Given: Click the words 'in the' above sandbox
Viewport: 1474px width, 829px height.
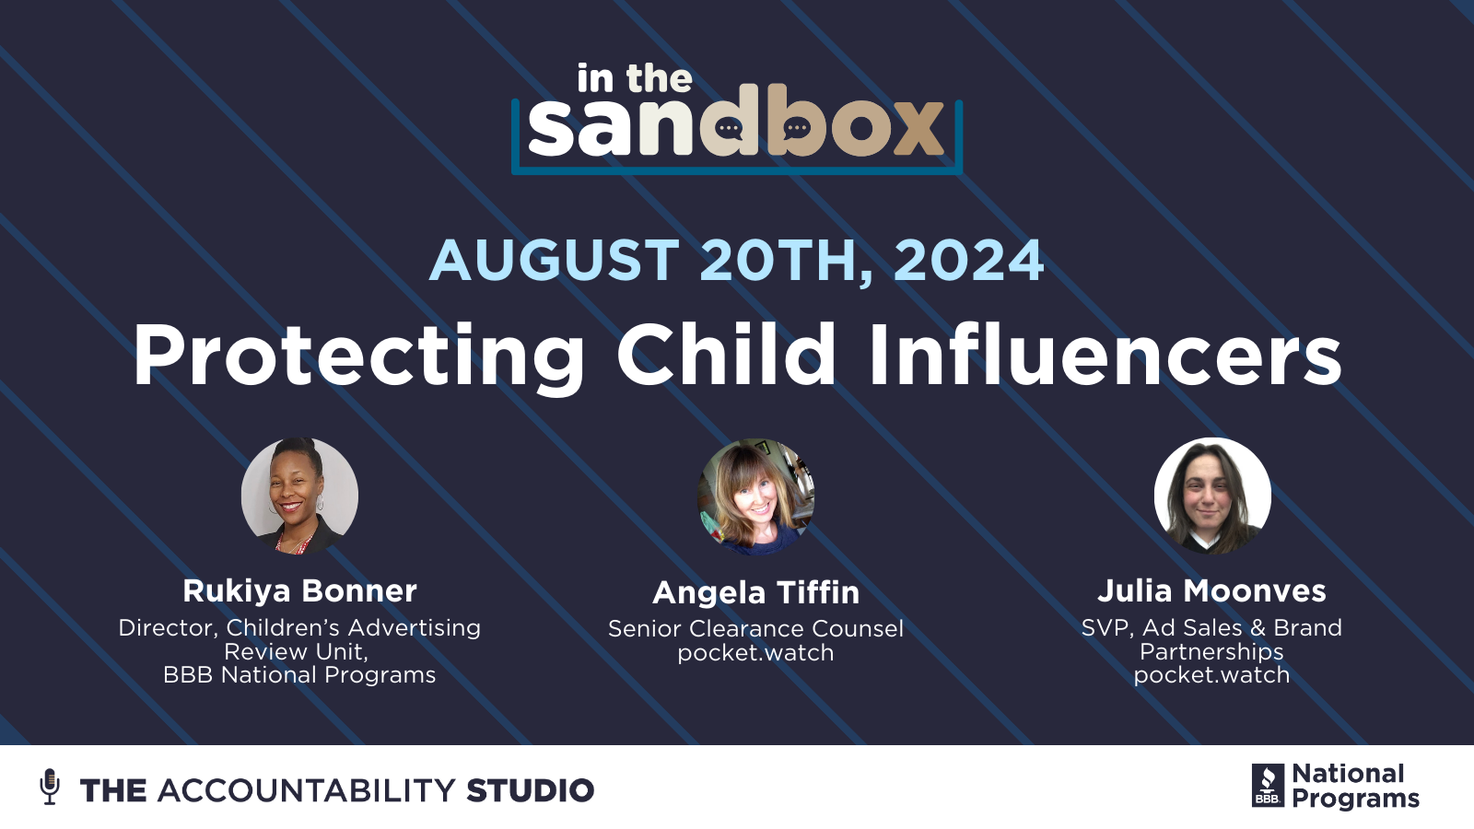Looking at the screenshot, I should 634,79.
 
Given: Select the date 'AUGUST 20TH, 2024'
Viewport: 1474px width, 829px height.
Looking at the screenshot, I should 737,260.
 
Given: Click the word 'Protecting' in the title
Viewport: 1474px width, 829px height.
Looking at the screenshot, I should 359,356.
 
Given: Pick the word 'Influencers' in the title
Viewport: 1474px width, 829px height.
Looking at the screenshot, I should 1105,356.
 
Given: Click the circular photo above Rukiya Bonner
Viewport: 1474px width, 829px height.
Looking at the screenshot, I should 299,496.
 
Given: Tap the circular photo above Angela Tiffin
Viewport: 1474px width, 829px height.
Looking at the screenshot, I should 755,496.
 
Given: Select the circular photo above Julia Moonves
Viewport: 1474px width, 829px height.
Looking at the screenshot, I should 1212,496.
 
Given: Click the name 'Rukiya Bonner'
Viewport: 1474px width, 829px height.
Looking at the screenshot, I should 299,590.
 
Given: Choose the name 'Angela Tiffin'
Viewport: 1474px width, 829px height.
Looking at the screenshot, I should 755,592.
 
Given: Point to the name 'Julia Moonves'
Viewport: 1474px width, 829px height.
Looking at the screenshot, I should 1211,590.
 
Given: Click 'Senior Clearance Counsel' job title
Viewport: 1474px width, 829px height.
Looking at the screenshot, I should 755,628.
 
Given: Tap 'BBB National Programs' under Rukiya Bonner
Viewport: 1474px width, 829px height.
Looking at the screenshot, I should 299,675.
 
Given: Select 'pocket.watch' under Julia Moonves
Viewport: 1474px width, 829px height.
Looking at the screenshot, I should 1211,675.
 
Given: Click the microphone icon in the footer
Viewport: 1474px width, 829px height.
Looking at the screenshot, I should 50,787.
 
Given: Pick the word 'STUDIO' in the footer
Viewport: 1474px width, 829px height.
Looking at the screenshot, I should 530,790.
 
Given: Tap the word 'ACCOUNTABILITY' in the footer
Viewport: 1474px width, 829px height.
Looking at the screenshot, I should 306,790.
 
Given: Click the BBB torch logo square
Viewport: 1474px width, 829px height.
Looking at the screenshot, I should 1268,786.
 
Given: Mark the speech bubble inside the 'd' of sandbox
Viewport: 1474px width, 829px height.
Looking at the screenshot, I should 730,128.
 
